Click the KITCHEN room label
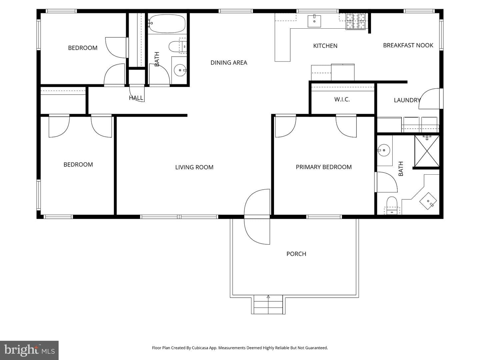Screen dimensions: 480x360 tap(325, 46)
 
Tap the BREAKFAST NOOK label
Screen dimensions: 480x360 tap(408, 45)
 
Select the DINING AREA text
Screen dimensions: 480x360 tap(229, 63)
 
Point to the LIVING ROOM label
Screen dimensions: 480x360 tap(194, 167)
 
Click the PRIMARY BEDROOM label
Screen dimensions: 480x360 tap(324, 167)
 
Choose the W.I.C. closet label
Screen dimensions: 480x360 tap(342, 100)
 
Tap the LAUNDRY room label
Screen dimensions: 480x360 tap(407, 100)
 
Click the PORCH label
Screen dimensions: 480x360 tap(296, 254)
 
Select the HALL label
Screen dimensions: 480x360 tap(136, 98)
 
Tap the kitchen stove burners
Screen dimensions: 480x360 tap(356, 21)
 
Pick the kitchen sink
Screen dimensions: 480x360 tap(314, 21)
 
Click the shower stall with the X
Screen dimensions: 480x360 tap(427, 151)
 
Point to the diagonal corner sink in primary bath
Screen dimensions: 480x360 tap(428, 201)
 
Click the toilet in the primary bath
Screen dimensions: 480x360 tap(392, 205)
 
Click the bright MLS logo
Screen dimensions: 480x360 tap(29, 350)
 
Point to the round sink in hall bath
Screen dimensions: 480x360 tap(180, 70)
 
